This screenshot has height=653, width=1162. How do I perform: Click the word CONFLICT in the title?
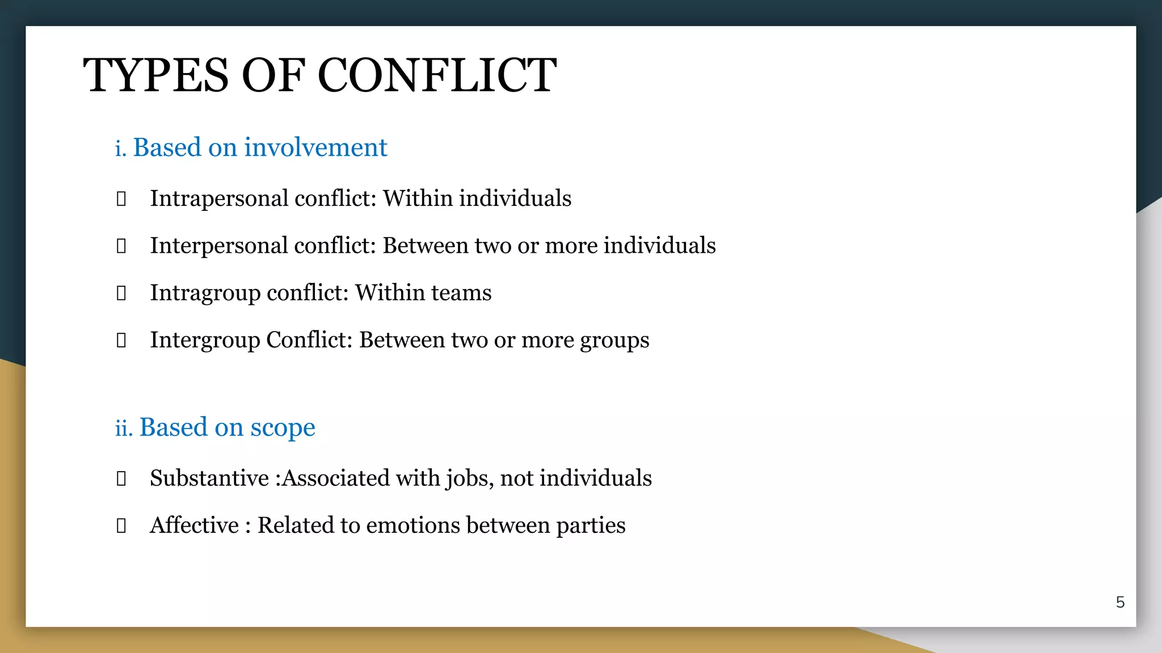point(437,75)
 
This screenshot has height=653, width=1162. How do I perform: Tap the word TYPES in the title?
point(155,75)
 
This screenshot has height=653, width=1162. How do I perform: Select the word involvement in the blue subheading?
point(315,147)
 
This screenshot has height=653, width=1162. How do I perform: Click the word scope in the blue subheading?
point(283,427)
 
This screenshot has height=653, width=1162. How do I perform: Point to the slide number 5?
point(1120,602)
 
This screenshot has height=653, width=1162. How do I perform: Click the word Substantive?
point(209,478)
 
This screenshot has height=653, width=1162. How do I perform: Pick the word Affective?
point(194,525)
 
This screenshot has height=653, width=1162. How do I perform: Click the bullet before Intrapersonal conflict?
point(121,199)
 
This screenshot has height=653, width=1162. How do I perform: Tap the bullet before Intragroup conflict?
point(121,293)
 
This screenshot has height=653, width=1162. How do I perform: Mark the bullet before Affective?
point(121,525)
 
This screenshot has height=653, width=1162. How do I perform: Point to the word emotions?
point(413,525)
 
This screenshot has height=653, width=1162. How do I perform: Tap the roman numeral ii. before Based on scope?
point(124,427)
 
